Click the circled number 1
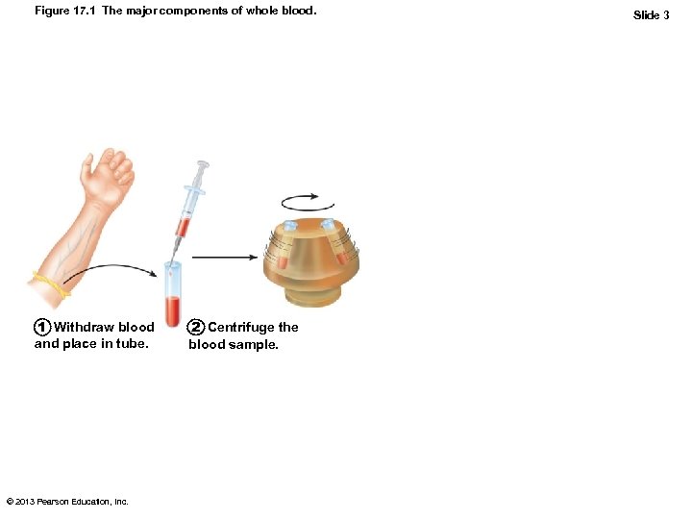42,327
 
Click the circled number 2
195,327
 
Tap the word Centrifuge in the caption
240,328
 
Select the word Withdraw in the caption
84,327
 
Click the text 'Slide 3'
651,15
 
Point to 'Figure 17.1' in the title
65,11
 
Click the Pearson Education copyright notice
67,502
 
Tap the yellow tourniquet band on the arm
51,284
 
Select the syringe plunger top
203,165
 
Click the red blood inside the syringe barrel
183,228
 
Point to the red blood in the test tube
173,311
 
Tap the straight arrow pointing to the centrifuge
225,257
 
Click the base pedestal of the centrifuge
313,296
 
